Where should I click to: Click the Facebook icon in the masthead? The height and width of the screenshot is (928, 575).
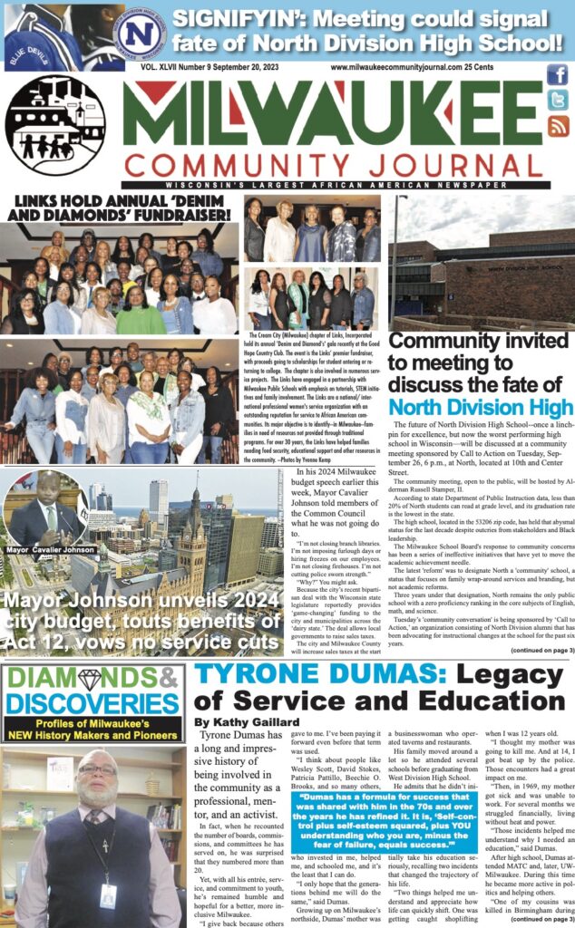(x=557, y=76)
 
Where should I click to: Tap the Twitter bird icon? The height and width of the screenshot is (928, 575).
(x=557, y=101)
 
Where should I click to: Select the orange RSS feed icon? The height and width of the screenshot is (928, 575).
(x=557, y=126)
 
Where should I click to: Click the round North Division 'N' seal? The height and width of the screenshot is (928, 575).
(x=140, y=32)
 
